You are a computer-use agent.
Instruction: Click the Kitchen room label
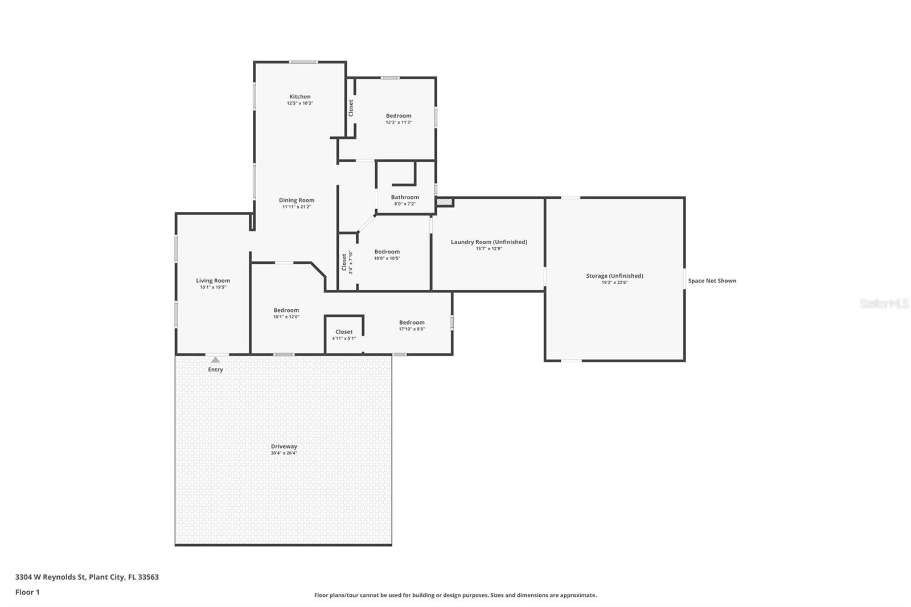pos(299,96)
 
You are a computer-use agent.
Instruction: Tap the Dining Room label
pos(297,200)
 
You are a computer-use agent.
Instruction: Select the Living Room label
pos(213,281)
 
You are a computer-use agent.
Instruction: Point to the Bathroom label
pos(405,198)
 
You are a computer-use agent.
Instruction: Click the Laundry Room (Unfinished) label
pos(489,242)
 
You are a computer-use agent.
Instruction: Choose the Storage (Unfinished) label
pos(614,276)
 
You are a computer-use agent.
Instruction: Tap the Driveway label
pos(284,446)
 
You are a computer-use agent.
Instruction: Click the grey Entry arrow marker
pos(216,360)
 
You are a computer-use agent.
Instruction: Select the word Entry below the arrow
pos(216,370)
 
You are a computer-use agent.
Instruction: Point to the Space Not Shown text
pos(712,281)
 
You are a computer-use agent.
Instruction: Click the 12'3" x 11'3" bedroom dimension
pos(399,122)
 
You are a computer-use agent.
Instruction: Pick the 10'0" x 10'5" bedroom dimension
pos(387,259)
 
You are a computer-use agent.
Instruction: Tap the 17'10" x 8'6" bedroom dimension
pos(412,329)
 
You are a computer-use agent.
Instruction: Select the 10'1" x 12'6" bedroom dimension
pos(286,317)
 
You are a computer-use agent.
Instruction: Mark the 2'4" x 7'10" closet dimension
pos(351,263)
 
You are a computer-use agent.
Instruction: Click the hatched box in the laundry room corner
pos(445,202)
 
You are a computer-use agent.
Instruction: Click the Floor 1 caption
pos(27,592)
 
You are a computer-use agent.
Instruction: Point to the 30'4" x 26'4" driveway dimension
pos(284,453)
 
